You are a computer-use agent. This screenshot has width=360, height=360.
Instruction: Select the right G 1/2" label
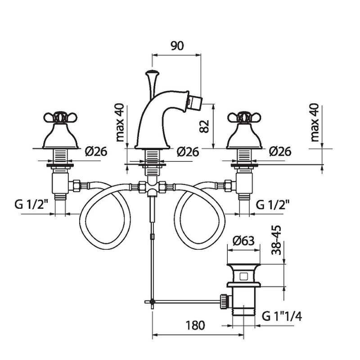(x=272, y=204)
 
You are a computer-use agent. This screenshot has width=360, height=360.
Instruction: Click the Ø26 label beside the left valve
(x=95, y=152)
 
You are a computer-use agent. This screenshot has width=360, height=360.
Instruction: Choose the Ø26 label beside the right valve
(x=280, y=152)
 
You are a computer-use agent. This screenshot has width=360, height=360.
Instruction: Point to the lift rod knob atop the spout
(x=152, y=72)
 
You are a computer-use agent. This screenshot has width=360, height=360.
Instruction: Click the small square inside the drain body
(x=243, y=275)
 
